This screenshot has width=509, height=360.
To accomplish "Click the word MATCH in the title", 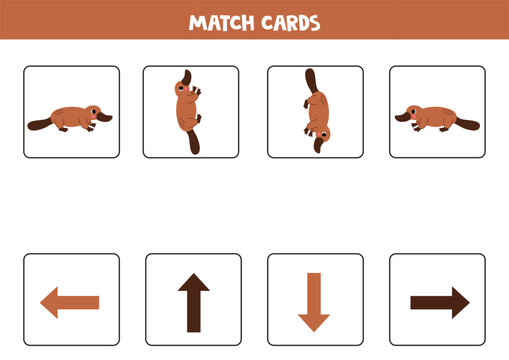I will (222, 22).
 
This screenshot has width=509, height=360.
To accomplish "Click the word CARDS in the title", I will (289, 22).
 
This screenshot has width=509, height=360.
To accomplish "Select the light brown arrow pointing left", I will (70, 301).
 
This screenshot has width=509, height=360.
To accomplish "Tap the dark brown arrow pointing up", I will (192, 301).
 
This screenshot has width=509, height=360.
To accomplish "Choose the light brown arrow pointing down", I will (314, 301).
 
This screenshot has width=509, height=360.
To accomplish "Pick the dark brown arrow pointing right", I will (439, 301).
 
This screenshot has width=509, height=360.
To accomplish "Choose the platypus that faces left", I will (436, 117).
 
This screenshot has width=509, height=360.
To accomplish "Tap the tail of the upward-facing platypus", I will (190, 142).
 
